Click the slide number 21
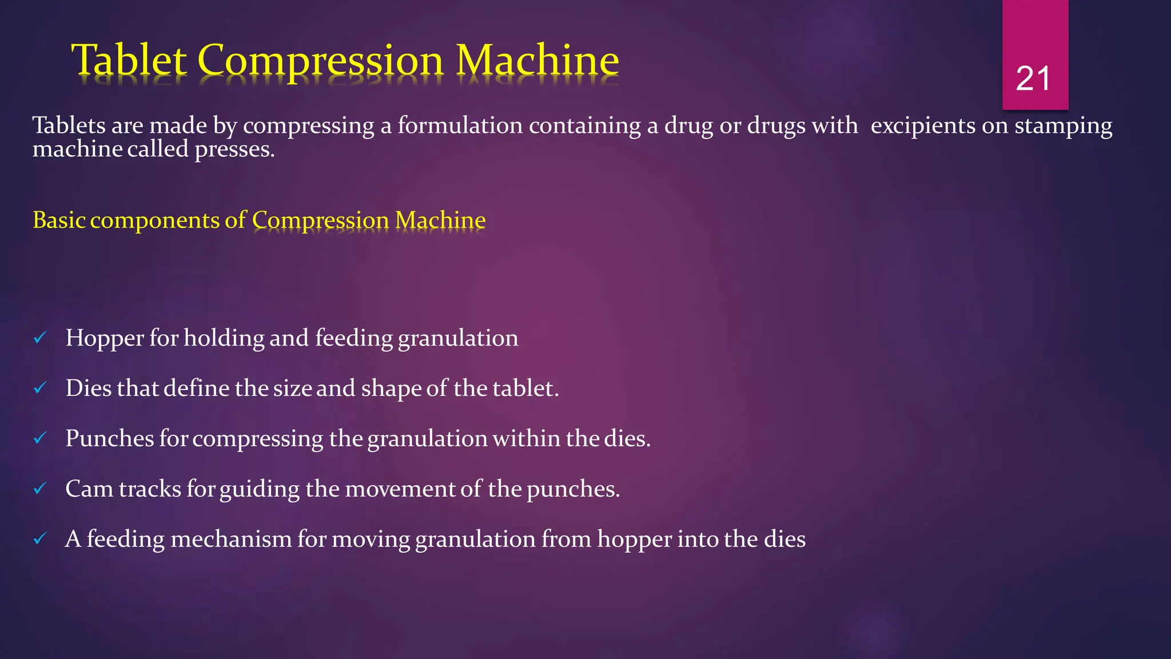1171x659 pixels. coord(1033,78)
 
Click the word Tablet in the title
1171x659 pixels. coord(129,60)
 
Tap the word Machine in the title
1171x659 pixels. coord(537,60)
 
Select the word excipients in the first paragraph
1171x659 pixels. coord(922,126)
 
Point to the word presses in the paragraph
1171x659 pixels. coord(234,150)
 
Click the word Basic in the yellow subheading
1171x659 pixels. coord(59,220)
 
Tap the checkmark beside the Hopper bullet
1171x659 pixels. coord(40,338)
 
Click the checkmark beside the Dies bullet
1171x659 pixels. coord(40,388)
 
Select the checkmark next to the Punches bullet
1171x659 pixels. coord(40,439)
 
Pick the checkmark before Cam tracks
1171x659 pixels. coord(40,489)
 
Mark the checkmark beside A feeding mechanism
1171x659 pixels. coord(40,539)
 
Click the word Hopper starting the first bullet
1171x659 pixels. coord(105,339)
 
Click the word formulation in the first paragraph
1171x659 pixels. coord(460,126)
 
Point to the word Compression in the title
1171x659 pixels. coord(321,60)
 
